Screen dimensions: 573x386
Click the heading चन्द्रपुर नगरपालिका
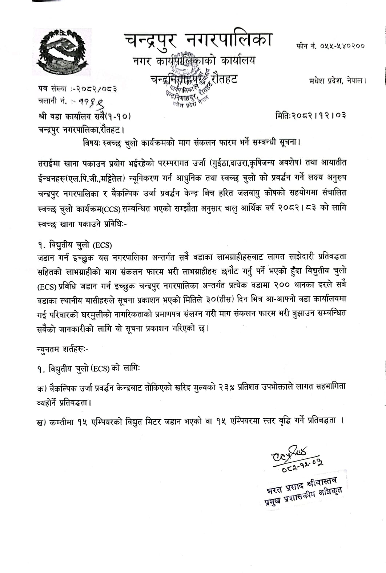point(197,40)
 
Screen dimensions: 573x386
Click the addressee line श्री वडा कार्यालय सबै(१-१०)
point(84,116)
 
